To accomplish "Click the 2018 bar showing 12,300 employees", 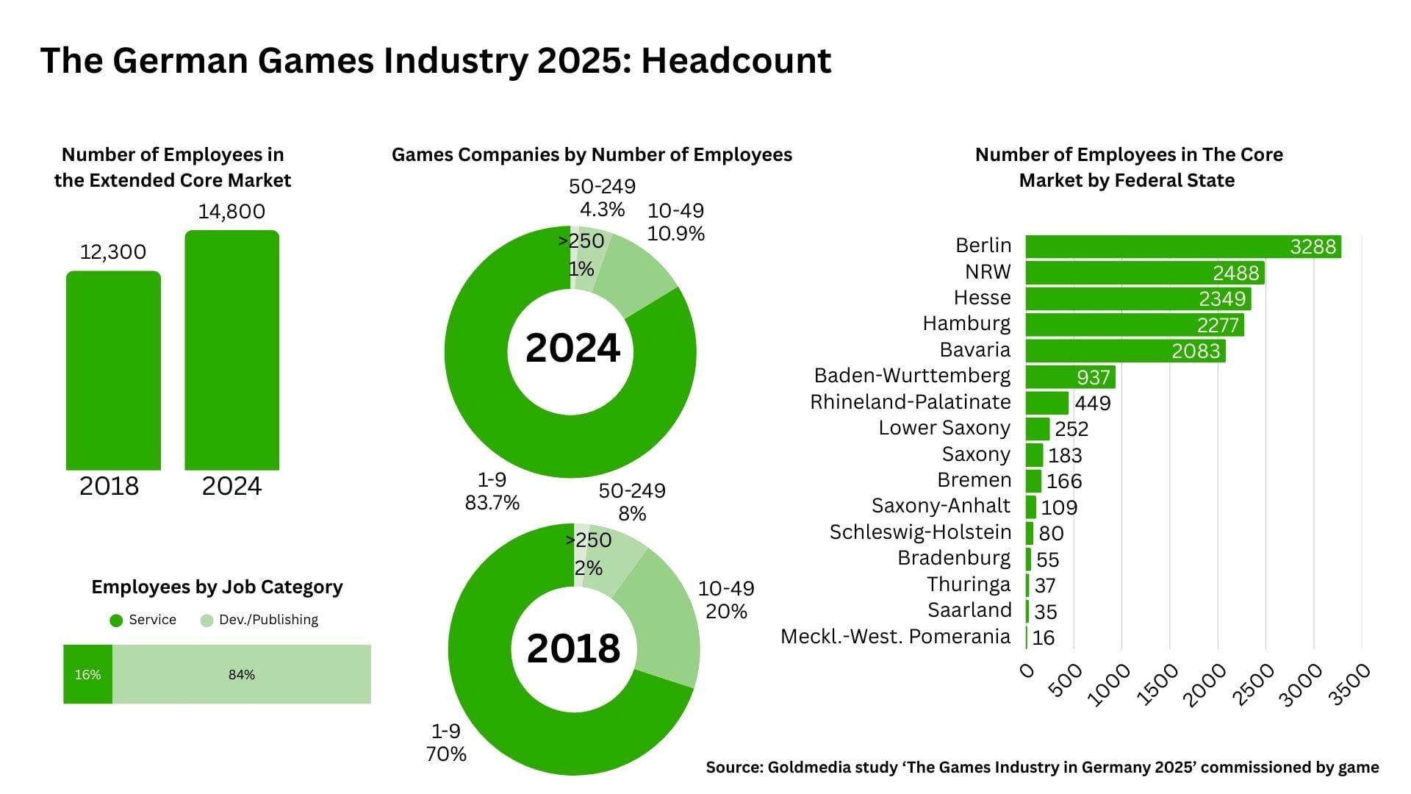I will (113, 371).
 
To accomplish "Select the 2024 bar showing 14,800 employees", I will (231, 351).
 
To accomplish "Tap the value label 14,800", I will (231, 212).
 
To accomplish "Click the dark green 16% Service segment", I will (87, 674).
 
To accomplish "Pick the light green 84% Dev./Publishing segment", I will (241, 674).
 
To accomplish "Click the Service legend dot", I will (116, 620).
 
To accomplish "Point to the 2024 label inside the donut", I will (572, 348).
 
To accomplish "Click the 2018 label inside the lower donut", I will (573, 648).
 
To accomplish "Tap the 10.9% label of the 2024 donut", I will (675, 234).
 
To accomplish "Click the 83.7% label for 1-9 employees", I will (492, 503).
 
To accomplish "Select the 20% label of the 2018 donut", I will (726, 612).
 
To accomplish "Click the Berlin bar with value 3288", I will (1182, 246).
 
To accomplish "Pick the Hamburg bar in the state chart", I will (1134, 325).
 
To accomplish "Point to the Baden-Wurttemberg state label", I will (912, 376).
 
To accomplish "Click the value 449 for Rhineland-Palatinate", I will (1093, 403).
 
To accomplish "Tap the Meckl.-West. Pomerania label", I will (895, 637).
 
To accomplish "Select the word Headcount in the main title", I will (736, 60).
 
